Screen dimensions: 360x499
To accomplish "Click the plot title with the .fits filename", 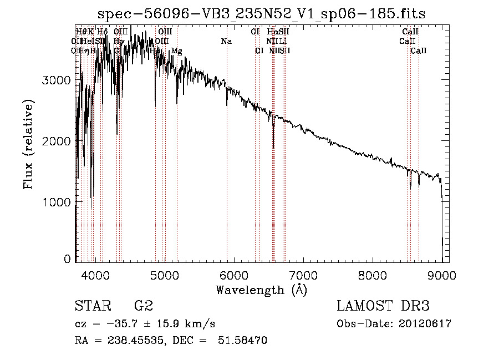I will (262, 14).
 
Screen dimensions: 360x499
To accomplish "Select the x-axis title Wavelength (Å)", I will (261, 290).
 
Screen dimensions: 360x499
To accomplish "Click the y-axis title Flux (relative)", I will (28, 144).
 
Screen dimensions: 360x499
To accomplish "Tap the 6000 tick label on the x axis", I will (234, 275).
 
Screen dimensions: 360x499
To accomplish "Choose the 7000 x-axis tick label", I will (303, 275).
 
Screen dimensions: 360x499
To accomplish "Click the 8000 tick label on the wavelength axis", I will (373, 275).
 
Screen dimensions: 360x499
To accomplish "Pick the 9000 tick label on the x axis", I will (442, 275).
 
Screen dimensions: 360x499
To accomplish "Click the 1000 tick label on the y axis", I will (56, 202).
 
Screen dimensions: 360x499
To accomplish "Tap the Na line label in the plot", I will (226, 42).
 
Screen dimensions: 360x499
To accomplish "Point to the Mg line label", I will (176, 51).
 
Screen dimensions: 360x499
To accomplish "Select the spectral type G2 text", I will (144, 306).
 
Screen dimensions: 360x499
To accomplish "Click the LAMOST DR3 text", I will (383, 306).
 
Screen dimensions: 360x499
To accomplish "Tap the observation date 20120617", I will (426, 324).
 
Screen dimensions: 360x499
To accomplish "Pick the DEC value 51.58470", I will (245, 341).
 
